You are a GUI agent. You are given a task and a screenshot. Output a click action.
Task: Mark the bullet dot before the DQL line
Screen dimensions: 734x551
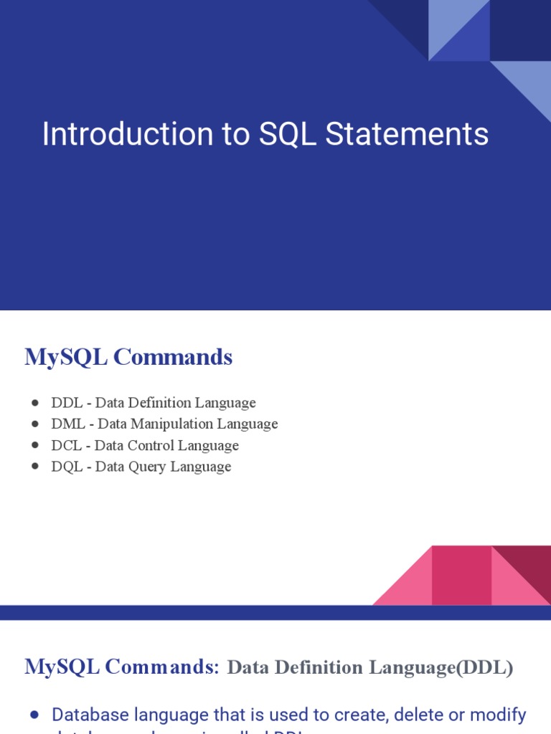(35, 467)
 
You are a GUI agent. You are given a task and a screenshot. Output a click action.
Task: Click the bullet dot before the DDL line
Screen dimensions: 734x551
(35, 403)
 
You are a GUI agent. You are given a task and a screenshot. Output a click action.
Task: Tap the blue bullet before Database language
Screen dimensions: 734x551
(35, 715)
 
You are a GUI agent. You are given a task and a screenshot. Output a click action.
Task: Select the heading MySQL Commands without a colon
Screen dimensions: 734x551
(128, 357)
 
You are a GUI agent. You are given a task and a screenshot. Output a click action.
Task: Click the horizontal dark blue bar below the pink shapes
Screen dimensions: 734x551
(275, 612)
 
